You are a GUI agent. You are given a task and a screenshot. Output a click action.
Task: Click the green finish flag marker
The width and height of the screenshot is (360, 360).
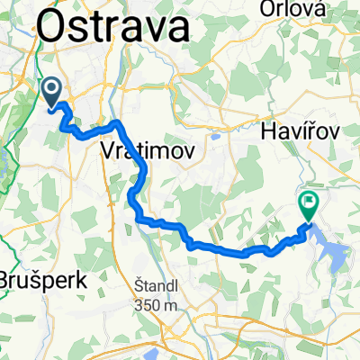pos(309,205)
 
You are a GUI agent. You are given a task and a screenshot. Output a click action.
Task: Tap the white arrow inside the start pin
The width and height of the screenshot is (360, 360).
pos(51,89)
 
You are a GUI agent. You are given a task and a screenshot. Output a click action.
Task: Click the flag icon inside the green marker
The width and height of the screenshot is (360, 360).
pos(309,203)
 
